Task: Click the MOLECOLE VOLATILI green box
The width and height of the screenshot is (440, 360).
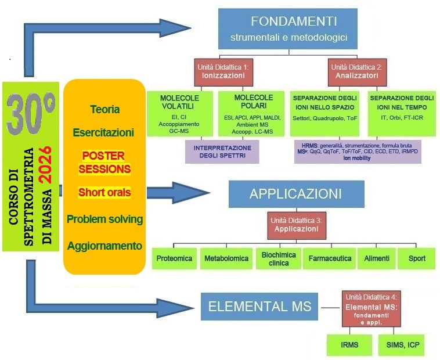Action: [x=179, y=113]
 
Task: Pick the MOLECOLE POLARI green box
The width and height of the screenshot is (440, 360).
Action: [x=253, y=113]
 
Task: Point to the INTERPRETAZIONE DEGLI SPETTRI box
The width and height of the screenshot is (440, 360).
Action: [x=222, y=152]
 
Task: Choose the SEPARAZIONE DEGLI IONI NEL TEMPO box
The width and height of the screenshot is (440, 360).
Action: [x=402, y=113]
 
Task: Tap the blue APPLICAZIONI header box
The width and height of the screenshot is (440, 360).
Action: [x=296, y=194]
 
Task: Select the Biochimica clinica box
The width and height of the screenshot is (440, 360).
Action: [x=278, y=258]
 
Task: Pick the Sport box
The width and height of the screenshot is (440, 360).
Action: [x=416, y=258]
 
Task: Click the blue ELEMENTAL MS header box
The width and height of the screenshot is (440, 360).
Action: [x=259, y=307]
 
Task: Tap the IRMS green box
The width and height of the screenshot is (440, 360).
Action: [x=349, y=345]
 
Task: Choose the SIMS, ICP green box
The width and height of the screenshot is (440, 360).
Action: [x=402, y=345]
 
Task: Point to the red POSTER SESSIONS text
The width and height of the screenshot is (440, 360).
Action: [x=106, y=162]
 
